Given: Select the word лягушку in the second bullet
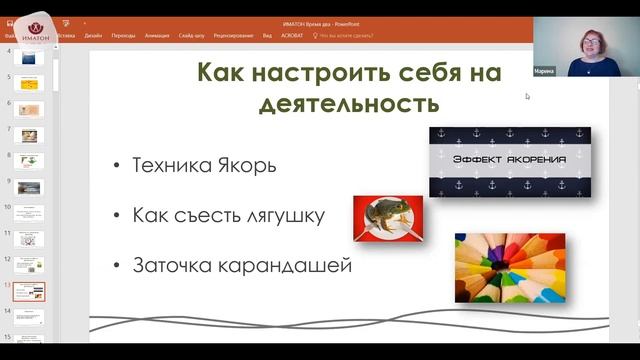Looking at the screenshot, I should [x=289, y=216].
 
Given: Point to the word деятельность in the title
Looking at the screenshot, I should [x=350, y=104].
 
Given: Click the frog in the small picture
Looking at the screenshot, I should [x=386, y=215].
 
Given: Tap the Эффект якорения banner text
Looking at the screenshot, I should [x=509, y=160].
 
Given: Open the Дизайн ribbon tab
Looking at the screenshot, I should [x=93, y=33].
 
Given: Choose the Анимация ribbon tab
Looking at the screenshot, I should [x=157, y=33].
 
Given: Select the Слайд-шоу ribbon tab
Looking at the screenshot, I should [x=193, y=33].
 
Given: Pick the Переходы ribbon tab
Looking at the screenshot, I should [x=124, y=33].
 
